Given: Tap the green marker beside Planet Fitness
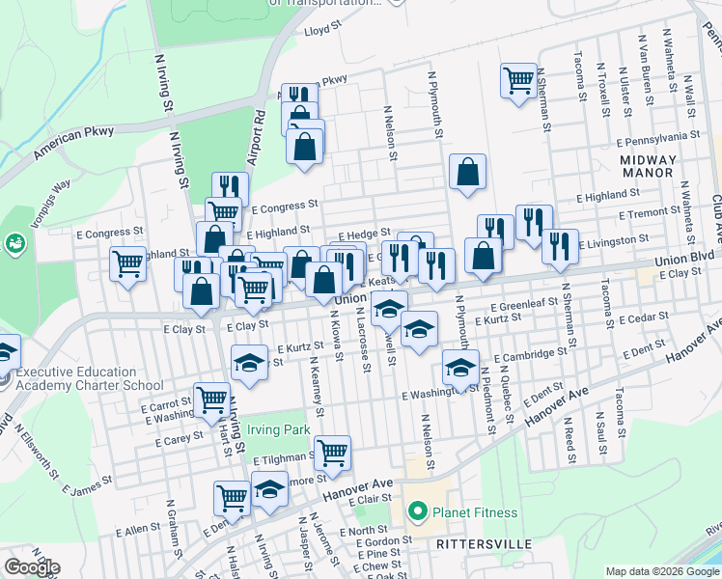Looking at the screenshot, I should (417, 511).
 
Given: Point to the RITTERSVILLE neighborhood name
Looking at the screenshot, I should (484, 544).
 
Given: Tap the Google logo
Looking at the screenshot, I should (31, 566).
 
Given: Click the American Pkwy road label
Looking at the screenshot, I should (73, 142).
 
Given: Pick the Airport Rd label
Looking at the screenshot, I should (258, 141).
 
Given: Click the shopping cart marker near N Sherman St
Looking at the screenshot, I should (518, 80).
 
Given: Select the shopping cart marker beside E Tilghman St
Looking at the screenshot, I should (332, 452).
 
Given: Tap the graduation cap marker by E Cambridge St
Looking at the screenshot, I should (460, 366).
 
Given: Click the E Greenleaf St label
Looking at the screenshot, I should (523, 304).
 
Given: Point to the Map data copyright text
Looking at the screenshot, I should (661, 571).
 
